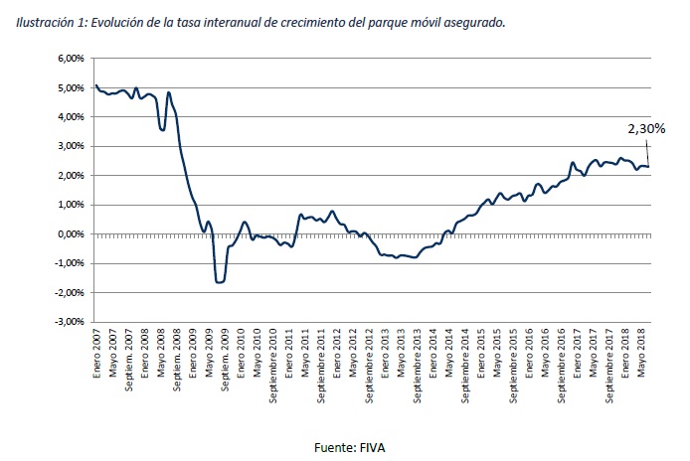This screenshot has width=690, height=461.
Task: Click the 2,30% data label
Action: pyautogui.click(x=645, y=128)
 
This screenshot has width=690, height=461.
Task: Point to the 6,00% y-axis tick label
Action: pyautogui.click(x=71, y=59)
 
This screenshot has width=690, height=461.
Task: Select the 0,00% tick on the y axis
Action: pyautogui.click(x=71, y=234)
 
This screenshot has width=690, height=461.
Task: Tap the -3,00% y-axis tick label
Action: pyautogui.click(x=69, y=322)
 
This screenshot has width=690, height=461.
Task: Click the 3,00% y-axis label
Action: pyautogui.click(x=71, y=146)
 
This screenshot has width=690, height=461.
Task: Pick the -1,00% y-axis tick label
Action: pyautogui.click(x=69, y=263)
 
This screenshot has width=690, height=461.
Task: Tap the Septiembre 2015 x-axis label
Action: pyautogui.click(x=516, y=369)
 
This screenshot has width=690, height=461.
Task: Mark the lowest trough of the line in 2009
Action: pyautogui.click(x=219, y=282)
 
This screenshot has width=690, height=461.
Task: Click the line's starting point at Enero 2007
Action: pyautogui.click(x=96, y=86)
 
